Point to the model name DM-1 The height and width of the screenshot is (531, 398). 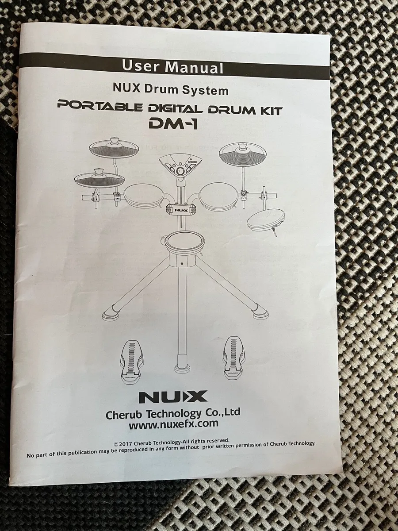(173, 124)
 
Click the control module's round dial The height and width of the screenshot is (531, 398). (180, 170)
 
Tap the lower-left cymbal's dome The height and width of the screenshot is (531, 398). (99, 172)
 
